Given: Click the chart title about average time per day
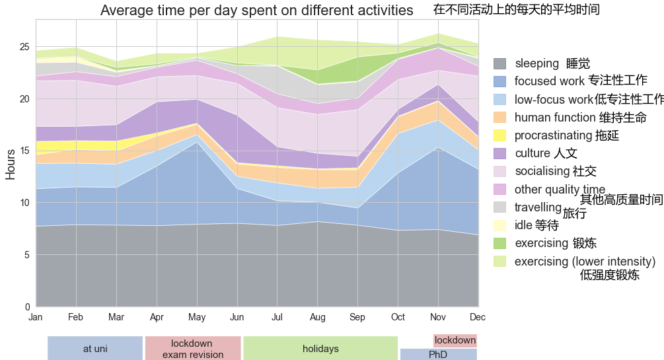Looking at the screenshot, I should [256, 11].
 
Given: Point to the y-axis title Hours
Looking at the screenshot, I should [11, 164].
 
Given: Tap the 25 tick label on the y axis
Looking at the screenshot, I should [24, 47].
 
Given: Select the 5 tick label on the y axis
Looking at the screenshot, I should [27, 255].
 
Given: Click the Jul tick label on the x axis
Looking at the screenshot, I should [277, 318].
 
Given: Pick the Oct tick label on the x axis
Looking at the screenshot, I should [398, 318].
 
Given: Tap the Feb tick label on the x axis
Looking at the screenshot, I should [76, 318].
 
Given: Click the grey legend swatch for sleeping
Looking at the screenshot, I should [500, 63].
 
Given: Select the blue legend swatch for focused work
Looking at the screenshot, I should [500, 81].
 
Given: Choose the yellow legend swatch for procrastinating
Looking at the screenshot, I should [500, 135].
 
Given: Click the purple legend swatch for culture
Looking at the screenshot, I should [500, 153].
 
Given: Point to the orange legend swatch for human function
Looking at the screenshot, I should [500, 118].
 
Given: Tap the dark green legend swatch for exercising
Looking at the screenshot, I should [500, 243].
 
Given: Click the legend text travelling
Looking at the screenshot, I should [538, 207].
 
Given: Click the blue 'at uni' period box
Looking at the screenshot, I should [95, 349].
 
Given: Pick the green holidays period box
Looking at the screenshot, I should [320, 349].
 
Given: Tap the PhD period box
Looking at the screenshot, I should [438, 355].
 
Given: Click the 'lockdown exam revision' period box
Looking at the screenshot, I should [192, 349].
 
